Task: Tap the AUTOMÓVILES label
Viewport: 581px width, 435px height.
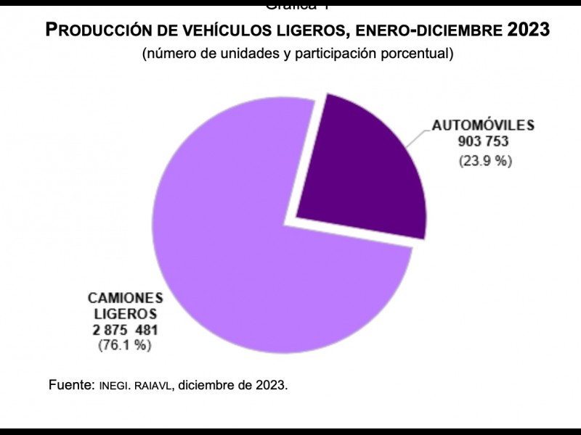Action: point(483,125)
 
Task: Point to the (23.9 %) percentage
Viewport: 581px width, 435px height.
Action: point(484,161)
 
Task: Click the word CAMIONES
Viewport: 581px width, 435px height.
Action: point(126,298)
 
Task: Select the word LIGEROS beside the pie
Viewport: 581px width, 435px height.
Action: point(124,314)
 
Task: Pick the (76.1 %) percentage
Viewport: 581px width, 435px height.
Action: point(124,346)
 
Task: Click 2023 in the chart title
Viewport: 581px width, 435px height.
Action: point(528,30)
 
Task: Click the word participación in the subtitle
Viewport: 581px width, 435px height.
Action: point(337,54)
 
